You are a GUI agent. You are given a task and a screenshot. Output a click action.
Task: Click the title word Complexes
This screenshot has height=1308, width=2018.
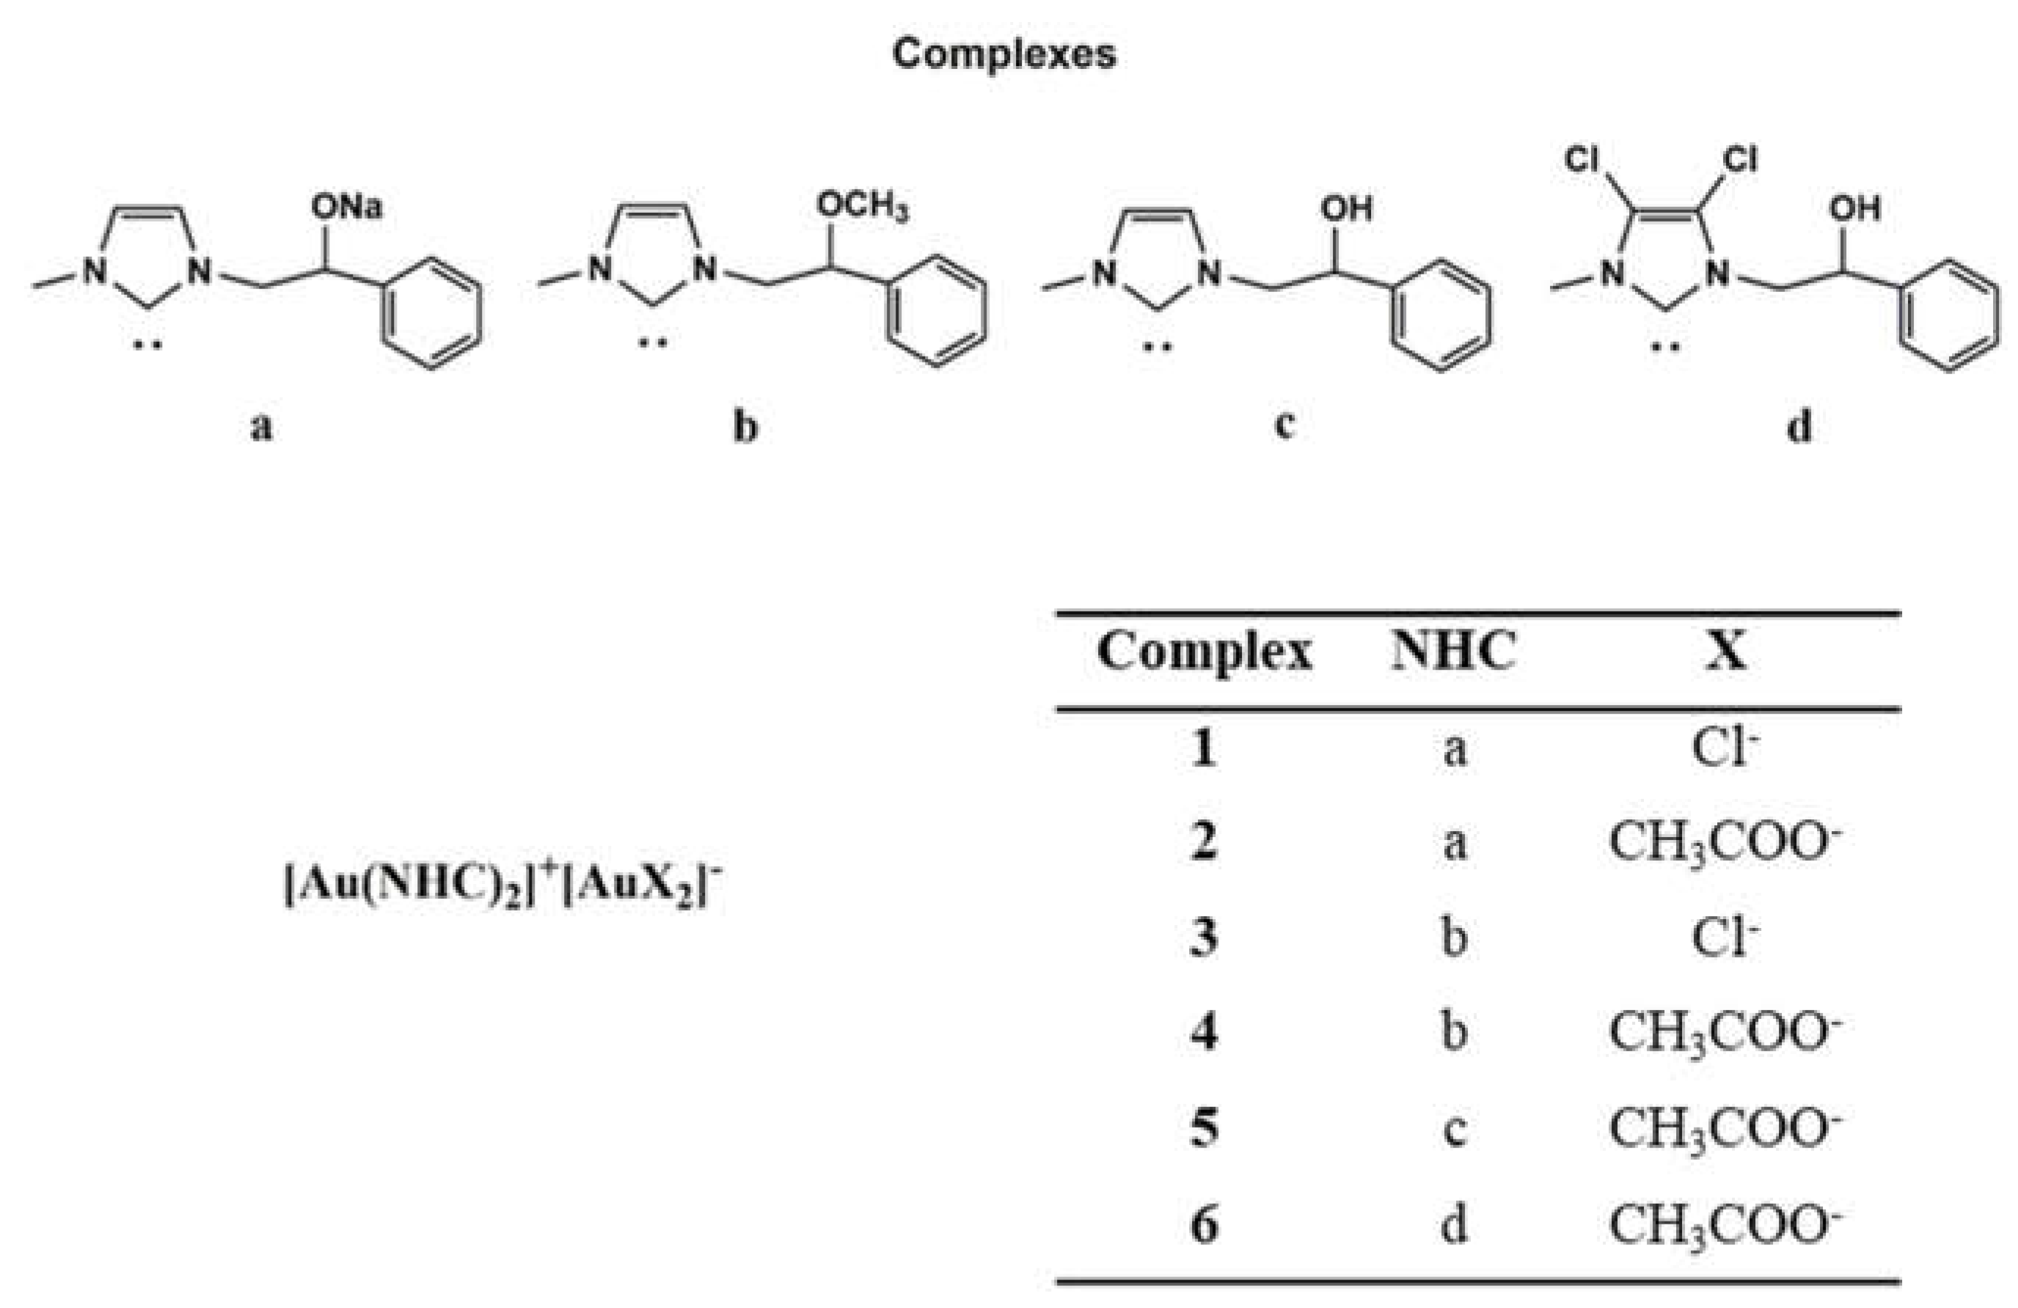pyautogui.click(x=1004, y=54)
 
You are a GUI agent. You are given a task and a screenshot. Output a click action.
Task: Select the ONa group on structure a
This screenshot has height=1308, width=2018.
pyautogui.click(x=347, y=206)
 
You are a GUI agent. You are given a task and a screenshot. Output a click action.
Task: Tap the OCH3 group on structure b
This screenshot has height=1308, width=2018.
pyautogui.click(x=861, y=206)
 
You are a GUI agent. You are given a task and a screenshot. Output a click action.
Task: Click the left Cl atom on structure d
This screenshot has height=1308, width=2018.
pyautogui.click(x=1582, y=159)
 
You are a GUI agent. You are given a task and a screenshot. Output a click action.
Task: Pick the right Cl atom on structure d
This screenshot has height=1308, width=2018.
pyautogui.click(x=1741, y=159)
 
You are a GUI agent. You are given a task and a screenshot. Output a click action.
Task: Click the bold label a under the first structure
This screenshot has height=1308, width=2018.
pyautogui.click(x=261, y=426)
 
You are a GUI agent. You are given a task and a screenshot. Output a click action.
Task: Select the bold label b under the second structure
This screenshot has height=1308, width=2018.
pyautogui.click(x=745, y=426)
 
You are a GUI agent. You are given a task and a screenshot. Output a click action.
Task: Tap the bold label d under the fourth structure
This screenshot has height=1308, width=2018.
pyautogui.click(x=1799, y=426)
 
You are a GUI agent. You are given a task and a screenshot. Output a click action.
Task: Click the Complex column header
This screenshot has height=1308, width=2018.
pyautogui.click(x=1204, y=652)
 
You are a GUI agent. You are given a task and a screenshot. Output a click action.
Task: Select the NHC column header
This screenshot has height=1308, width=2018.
pyautogui.click(x=1453, y=652)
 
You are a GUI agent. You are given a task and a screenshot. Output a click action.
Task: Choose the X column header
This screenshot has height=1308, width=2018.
pyautogui.click(x=1725, y=652)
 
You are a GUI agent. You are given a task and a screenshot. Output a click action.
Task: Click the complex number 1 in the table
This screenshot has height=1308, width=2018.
pyautogui.click(x=1204, y=749)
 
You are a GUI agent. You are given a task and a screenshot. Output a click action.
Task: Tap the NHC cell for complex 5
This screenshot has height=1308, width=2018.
pyautogui.click(x=1454, y=1128)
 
